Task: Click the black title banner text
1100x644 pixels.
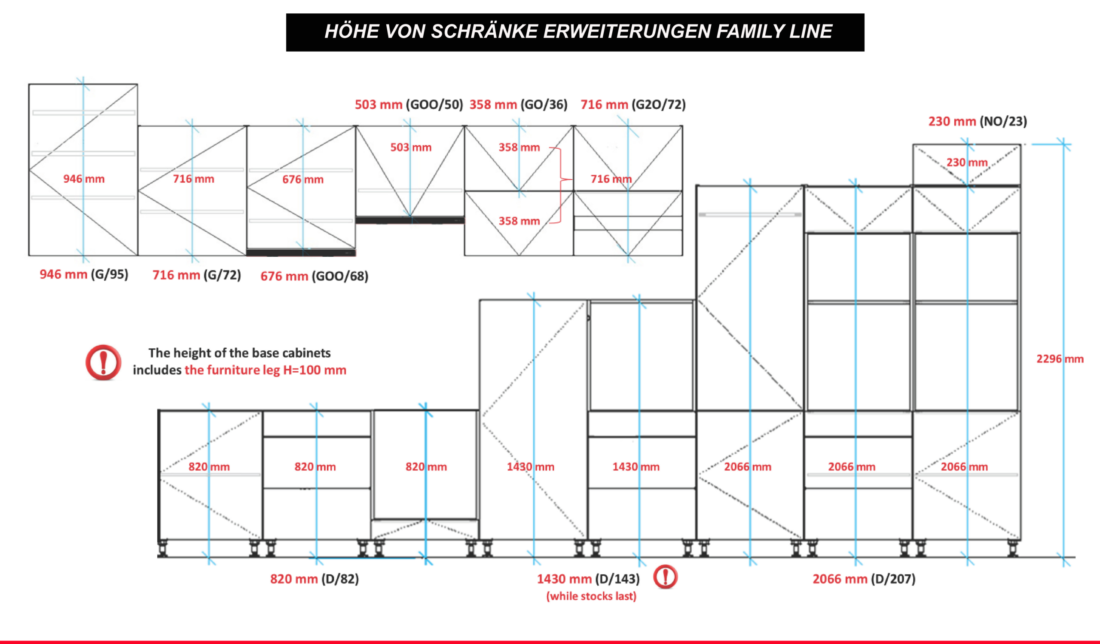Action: (x=578, y=31)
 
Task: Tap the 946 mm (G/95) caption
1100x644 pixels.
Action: (x=84, y=274)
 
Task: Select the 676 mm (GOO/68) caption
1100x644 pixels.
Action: (x=314, y=276)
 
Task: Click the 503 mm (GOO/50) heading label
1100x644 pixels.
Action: (x=409, y=104)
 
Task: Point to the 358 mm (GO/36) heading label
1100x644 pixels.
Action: (x=518, y=104)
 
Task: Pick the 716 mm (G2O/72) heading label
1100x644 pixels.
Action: (x=633, y=104)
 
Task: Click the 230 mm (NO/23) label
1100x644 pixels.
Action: (x=978, y=121)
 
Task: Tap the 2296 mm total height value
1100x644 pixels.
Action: (x=1060, y=359)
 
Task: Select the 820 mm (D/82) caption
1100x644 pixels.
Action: (x=314, y=579)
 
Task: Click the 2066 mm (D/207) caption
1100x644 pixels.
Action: (x=864, y=579)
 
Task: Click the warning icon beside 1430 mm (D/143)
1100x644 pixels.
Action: (x=665, y=577)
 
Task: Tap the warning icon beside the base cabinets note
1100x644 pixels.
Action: (x=104, y=362)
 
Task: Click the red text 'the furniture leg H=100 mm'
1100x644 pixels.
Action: (x=266, y=370)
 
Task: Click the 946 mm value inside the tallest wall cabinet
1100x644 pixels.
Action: (x=84, y=178)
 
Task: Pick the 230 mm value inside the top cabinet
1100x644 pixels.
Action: (x=967, y=163)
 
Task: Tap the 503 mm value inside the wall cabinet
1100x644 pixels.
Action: (x=411, y=147)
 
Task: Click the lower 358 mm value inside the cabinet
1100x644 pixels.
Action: (x=519, y=221)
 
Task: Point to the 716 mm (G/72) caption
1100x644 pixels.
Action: (x=196, y=275)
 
